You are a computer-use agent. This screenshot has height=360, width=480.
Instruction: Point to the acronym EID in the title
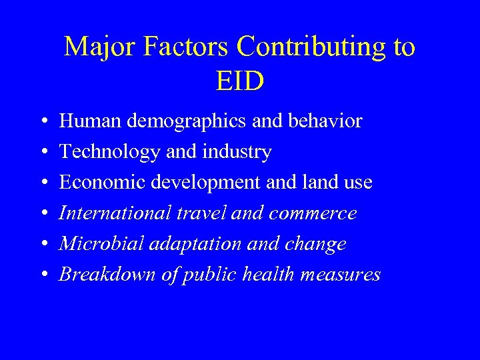[240, 81]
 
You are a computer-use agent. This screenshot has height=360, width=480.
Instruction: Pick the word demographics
[189, 122]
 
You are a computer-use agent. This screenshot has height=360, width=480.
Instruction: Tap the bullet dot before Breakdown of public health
[43, 275]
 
